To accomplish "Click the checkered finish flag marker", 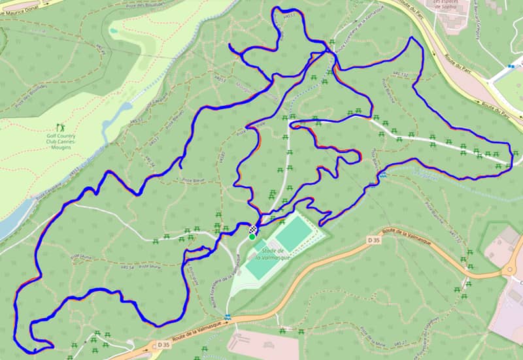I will pos(253,229).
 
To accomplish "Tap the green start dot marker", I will pos(252,237).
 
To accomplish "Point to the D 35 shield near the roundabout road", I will pos(373,240).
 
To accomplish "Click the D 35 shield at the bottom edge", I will pos(163,344).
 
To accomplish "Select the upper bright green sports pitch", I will pos(294,229).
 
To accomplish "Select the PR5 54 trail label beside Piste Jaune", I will pos(127,267).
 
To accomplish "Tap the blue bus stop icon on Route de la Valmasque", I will pos(228,317).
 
